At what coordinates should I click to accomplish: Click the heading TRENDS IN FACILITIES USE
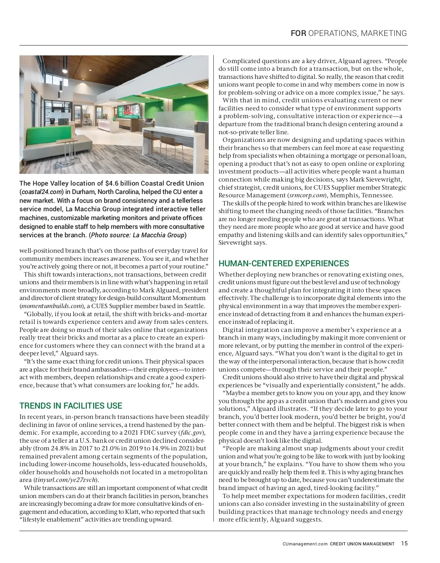click(70, 406)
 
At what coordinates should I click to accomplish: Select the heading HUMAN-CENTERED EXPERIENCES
click(283, 263)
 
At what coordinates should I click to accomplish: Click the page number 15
click(404, 544)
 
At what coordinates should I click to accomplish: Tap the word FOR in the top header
click(298, 33)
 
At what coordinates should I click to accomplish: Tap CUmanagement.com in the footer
click(305, 544)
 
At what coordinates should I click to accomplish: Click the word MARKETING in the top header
click(384, 33)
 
